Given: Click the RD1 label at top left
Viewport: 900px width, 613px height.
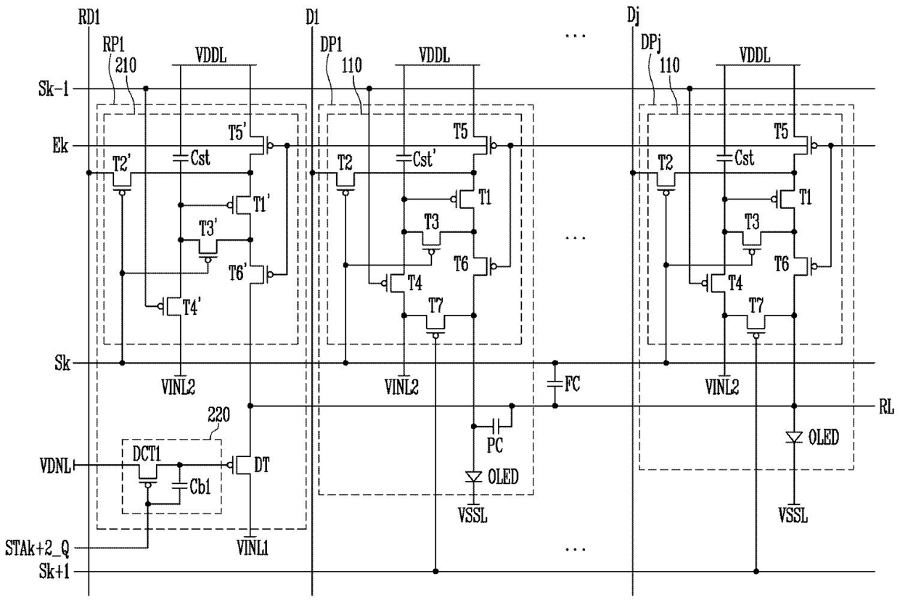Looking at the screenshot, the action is [89, 18].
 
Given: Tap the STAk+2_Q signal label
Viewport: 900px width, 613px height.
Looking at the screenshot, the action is [37, 548].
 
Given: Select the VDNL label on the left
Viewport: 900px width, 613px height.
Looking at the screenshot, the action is [55, 466].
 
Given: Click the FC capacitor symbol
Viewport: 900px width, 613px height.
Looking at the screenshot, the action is [555, 384].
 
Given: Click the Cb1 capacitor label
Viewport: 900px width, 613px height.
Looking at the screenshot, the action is [200, 487].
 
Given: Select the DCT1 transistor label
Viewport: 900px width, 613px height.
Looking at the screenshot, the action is [147, 454].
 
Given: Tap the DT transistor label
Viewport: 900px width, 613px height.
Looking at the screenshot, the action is [261, 465].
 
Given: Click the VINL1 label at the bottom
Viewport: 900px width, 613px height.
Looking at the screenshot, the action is [253, 548].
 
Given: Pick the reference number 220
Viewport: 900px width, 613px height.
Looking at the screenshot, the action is [218, 415].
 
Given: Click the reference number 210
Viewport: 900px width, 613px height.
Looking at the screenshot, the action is [126, 65].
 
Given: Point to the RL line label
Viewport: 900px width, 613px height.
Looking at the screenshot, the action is [886, 407].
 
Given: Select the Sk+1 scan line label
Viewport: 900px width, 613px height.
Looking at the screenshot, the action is [54, 571].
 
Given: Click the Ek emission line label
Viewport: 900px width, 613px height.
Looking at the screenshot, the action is [60, 145].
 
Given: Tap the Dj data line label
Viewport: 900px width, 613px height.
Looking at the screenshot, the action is [633, 17].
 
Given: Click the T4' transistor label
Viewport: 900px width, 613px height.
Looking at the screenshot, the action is [192, 308].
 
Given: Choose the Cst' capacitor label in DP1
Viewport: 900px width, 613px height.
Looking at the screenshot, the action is [424, 159].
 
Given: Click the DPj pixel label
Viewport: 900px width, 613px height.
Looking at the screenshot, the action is [651, 44].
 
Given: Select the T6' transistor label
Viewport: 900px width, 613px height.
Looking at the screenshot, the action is [238, 273].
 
